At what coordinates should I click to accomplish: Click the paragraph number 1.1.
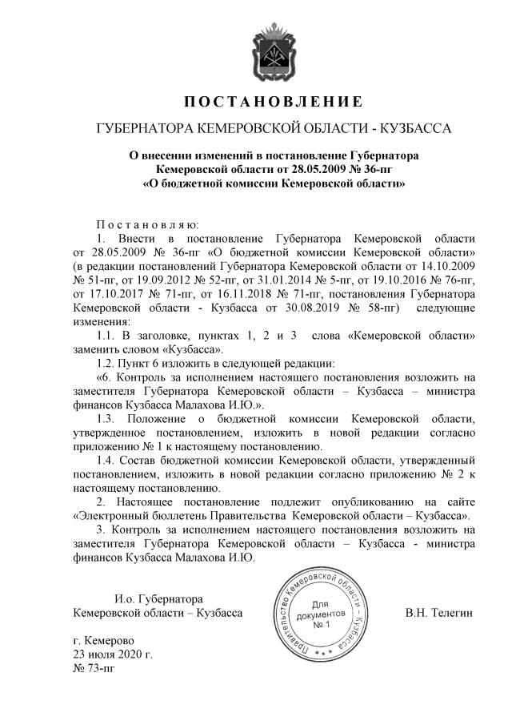[x=107, y=335]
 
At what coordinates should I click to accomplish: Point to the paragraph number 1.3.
[x=107, y=417]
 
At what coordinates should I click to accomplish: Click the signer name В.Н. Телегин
[x=440, y=613]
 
